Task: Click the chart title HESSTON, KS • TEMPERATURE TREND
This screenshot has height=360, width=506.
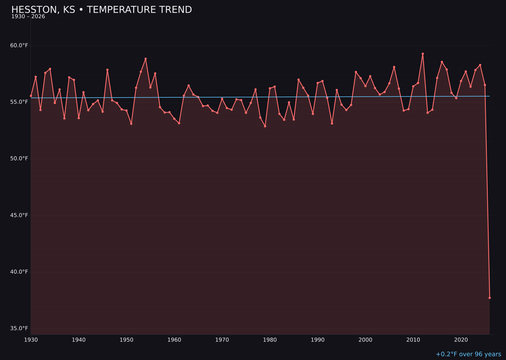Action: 101,10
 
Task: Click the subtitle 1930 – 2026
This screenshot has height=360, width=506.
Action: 28,16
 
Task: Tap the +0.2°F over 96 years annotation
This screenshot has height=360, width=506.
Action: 468,354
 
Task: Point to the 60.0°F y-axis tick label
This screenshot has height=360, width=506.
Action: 19,45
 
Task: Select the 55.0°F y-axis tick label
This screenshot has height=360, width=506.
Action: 19,102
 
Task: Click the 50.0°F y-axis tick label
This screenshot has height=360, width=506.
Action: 19,159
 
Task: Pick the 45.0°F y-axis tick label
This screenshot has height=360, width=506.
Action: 19,216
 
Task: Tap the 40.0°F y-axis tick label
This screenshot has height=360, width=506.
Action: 19,272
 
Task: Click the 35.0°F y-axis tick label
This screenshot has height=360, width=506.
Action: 19,329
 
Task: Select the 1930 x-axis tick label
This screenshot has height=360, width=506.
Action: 31,340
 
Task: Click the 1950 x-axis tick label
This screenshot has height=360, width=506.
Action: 126,340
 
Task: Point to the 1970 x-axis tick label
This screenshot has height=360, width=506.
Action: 222,340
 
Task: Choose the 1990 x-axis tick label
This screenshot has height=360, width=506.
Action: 318,340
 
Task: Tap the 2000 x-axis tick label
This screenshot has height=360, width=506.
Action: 365,340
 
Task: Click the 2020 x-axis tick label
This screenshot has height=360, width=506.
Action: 461,340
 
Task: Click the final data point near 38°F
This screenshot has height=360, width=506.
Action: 490,298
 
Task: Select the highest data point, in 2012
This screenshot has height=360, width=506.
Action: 423,54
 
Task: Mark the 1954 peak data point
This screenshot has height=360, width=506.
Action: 146,59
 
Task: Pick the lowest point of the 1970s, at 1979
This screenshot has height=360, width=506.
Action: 265,126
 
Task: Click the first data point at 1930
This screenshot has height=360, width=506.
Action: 31,96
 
